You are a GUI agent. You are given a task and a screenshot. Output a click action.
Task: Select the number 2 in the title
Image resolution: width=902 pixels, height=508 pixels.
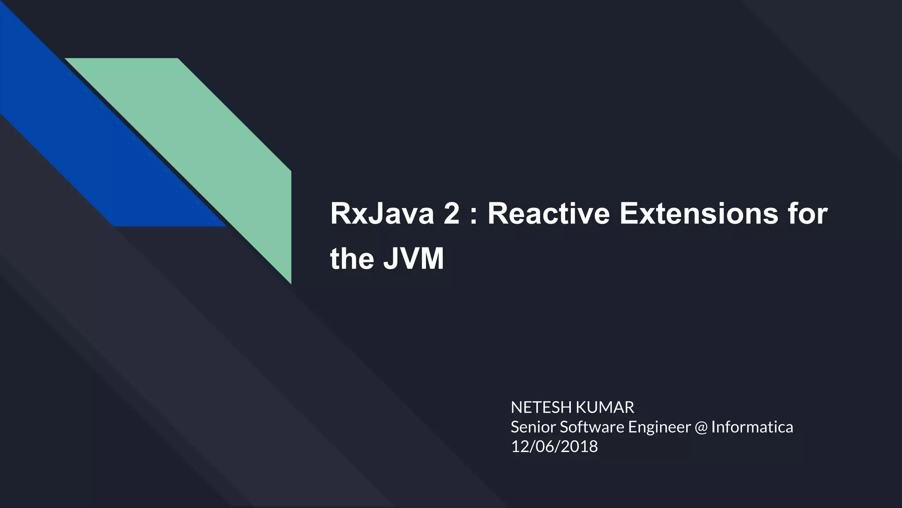(451, 214)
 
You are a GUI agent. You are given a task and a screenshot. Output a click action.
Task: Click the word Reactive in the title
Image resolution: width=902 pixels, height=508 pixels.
(548, 214)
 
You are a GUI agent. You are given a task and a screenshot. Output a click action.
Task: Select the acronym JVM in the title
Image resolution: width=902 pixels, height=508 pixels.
(413, 259)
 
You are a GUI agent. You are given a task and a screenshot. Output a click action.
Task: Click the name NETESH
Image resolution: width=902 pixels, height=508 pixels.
(541, 407)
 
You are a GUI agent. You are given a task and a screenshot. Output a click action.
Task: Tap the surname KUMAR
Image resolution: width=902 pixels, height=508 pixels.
(604, 407)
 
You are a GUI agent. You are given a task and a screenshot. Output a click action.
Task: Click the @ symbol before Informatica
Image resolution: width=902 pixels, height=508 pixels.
(701, 427)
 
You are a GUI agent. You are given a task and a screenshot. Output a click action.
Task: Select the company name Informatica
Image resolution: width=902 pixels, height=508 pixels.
(752, 427)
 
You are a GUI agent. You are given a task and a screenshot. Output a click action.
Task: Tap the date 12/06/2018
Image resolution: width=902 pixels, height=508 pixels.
(554, 446)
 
